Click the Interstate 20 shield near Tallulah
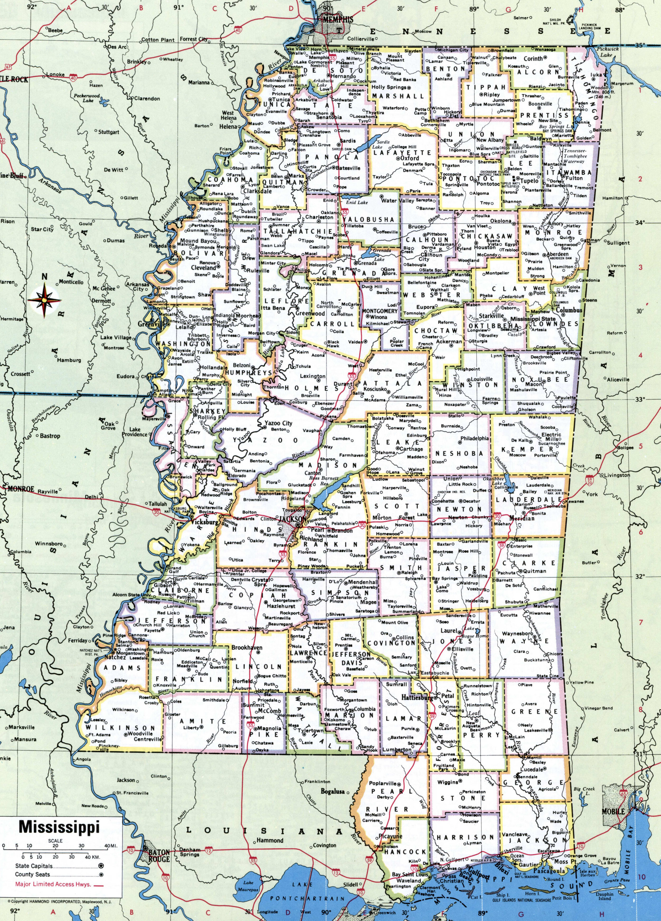157,513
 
